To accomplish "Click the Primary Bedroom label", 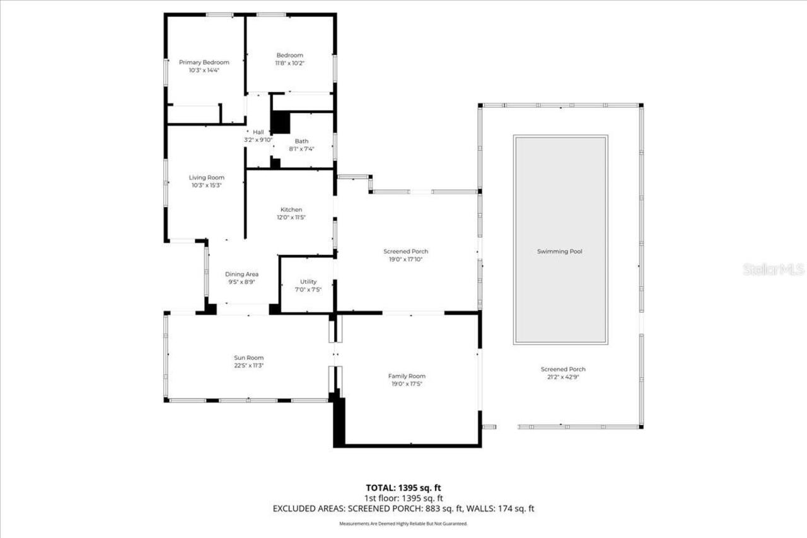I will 204,62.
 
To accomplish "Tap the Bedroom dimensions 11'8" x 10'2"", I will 289,63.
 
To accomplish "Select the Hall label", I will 258,132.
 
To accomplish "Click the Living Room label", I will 207,178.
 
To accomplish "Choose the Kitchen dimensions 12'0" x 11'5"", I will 291,218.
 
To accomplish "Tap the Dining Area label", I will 242,274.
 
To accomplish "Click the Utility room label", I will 308,282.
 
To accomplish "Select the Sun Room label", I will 248,358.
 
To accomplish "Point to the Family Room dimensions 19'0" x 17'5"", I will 406,383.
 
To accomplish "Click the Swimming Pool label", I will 559,252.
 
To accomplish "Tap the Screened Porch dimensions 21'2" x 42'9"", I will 562,377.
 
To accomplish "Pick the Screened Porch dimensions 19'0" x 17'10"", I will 406,259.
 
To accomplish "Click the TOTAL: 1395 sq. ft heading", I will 403,488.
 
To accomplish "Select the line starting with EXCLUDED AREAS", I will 403,508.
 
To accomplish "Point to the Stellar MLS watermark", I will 773,269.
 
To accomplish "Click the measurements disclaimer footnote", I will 403,524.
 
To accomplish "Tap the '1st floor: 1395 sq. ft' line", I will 403,498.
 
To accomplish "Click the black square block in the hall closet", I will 280,122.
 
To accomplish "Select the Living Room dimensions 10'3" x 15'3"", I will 206,185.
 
